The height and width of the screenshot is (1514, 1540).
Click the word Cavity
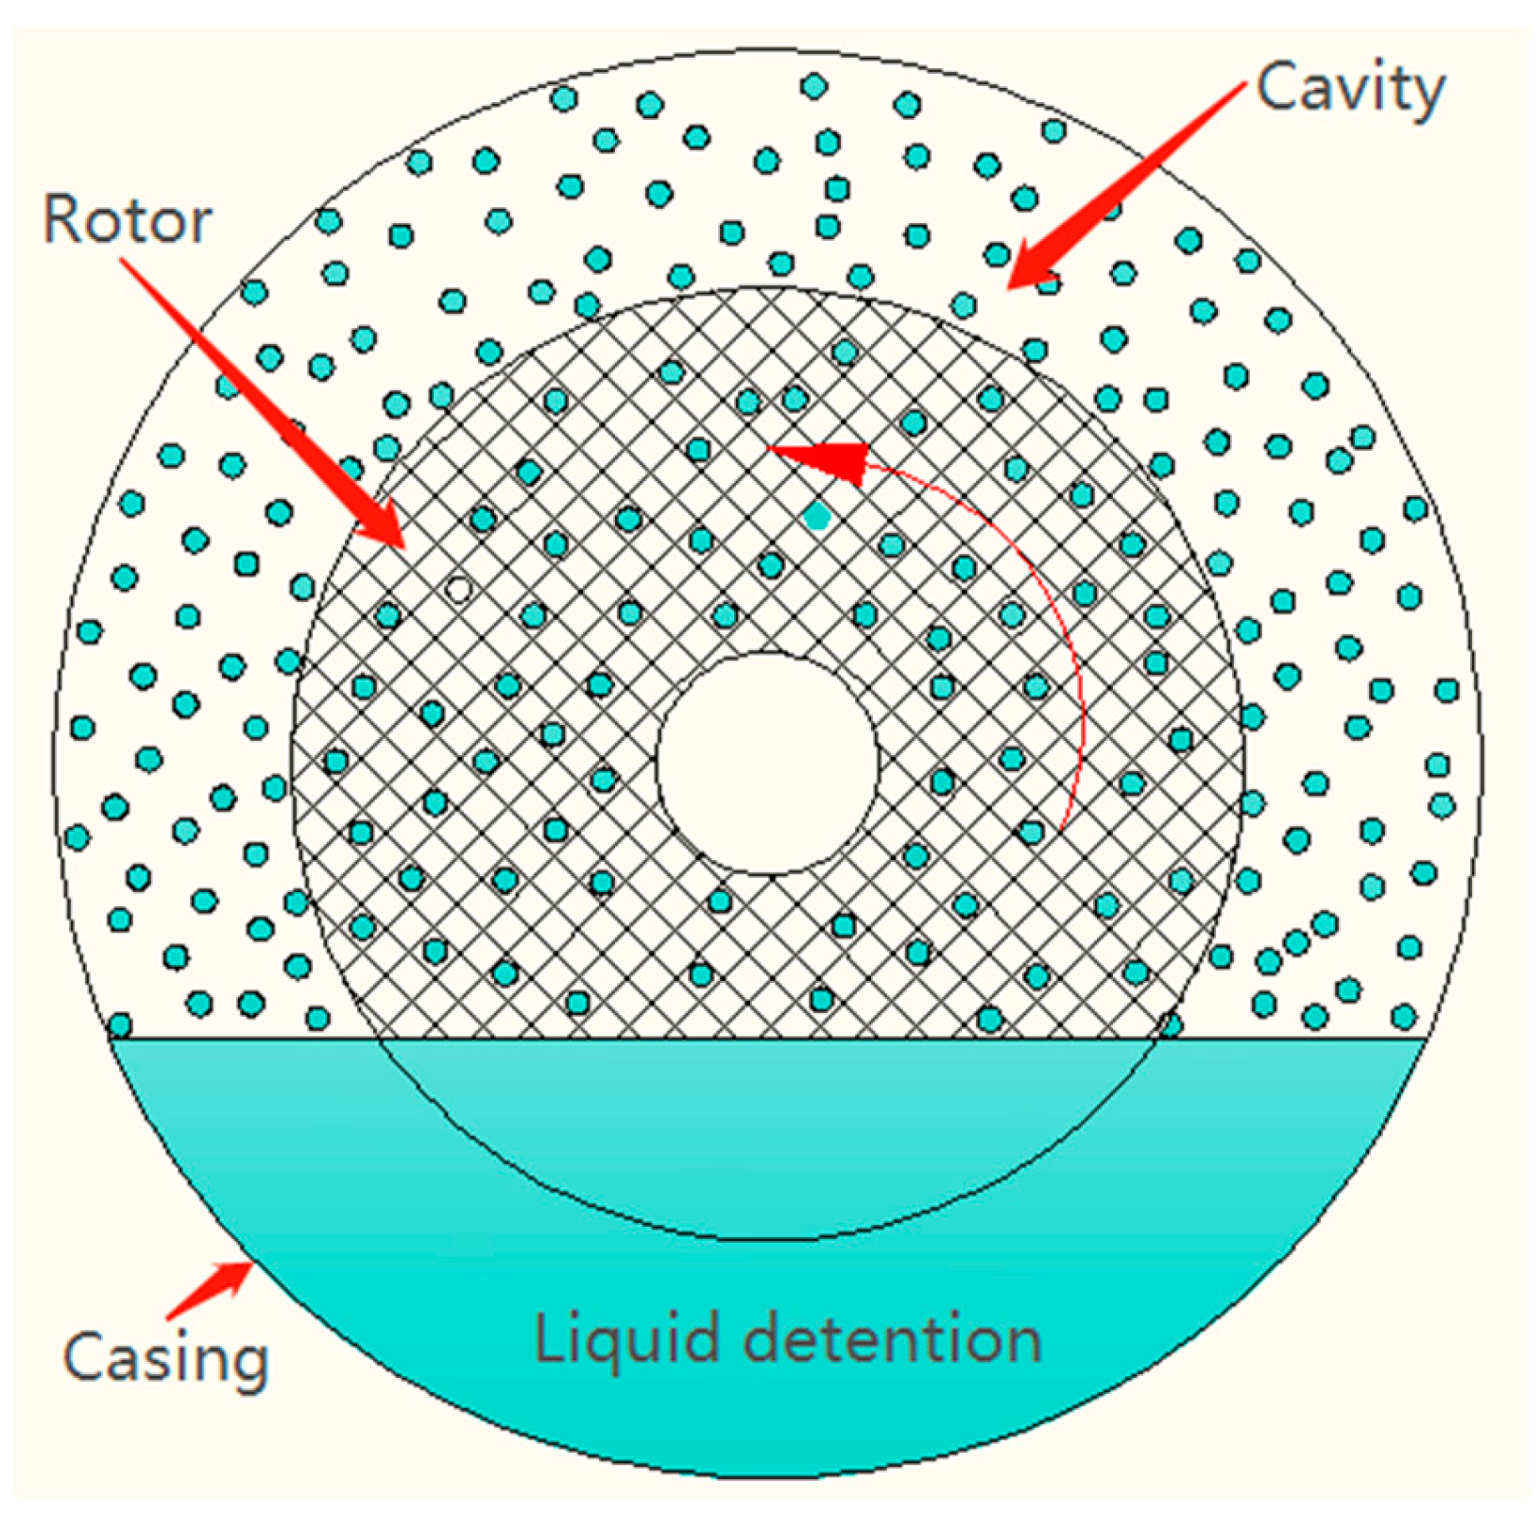point(1350,90)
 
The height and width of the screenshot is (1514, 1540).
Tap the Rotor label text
point(128,220)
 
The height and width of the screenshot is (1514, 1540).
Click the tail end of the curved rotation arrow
point(1062,832)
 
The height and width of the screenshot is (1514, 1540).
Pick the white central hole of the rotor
point(768,763)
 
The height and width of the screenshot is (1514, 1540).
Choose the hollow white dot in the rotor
point(459,590)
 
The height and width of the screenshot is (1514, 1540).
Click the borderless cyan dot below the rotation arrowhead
point(816,517)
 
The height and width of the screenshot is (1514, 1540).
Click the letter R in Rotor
point(61,220)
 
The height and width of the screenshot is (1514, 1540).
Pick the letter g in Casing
point(248,1366)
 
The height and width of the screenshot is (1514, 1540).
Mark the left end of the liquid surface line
point(110,1040)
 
